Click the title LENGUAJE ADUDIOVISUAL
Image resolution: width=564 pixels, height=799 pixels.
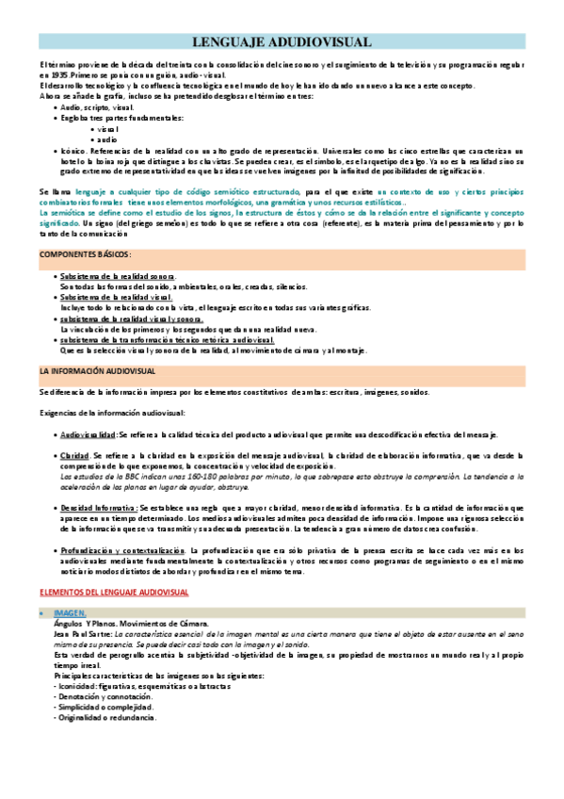point(282,42)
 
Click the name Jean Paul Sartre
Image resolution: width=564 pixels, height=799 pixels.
point(81,609)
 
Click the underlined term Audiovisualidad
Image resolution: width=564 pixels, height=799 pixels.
point(88,435)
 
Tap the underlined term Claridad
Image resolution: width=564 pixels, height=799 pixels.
point(74,456)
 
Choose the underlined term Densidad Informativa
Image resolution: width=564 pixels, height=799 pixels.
point(97,508)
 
